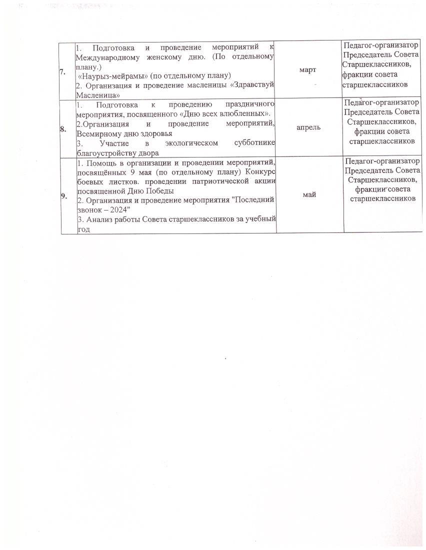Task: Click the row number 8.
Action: coord(63,128)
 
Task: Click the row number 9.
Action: coord(63,195)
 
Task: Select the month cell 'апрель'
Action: coord(308,127)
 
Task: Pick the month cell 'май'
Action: coord(309,194)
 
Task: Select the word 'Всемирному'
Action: coord(99,134)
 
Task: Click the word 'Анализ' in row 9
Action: coord(99,219)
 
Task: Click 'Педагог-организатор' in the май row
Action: coord(382,161)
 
